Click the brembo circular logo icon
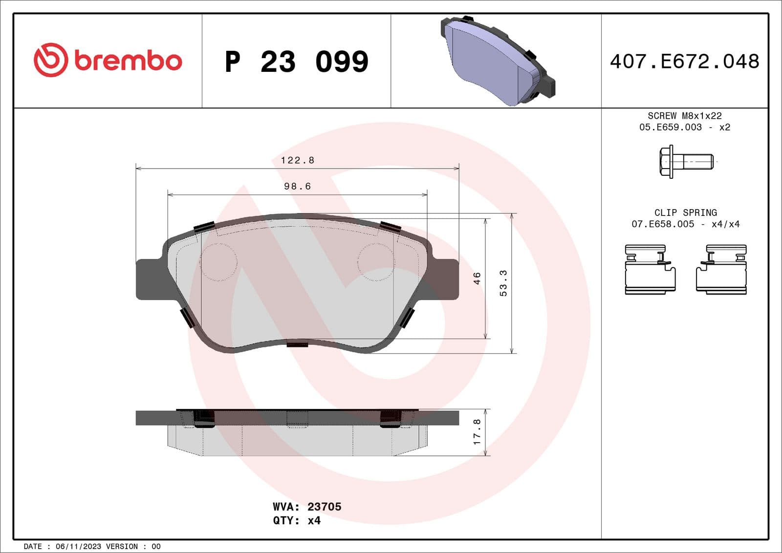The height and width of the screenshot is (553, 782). click(50, 60)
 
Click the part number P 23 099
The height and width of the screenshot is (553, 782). click(296, 62)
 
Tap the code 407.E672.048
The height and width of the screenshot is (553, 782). click(684, 62)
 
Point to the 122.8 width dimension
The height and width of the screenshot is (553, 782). click(297, 160)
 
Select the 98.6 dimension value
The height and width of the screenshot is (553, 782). click(297, 186)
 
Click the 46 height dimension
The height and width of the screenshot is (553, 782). click(477, 278)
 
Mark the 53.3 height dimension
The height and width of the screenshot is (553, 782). click(503, 283)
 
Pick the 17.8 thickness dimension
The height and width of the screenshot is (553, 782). click(477, 432)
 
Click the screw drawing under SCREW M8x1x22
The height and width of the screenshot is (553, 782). click(686, 161)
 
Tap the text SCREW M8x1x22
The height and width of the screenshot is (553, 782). click(684, 116)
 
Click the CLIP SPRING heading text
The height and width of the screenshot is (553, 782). click(685, 213)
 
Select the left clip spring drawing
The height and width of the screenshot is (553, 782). click(650, 270)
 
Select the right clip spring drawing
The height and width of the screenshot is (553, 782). click(721, 270)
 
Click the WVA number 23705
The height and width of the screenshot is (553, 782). click(324, 507)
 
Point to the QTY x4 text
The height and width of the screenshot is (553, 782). click(297, 521)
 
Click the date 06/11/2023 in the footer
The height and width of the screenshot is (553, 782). click(78, 546)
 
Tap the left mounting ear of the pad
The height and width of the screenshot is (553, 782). click(149, 279)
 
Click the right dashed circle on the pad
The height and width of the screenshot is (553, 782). click(375, 262)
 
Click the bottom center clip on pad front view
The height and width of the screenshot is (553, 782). click(297, 344)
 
